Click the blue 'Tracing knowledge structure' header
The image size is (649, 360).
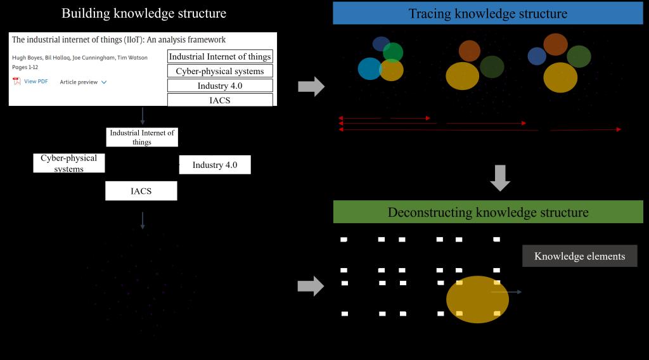click(487, 13)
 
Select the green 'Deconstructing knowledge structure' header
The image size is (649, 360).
click(487, 212)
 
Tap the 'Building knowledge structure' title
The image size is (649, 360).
click(144, 13)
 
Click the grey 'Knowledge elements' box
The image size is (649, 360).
click(579, 256)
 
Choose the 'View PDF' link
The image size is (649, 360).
click(35, 81)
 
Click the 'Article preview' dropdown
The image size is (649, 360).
click(83, 82)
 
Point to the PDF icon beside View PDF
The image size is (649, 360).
click(16, 81)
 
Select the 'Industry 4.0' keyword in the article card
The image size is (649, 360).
click(220, 86)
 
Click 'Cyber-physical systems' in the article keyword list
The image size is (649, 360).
click(220, 71)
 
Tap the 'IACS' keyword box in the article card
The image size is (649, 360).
click(220, 100)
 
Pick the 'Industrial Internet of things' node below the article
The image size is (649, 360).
click(142, 138)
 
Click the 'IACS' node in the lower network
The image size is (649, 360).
click(141, 191)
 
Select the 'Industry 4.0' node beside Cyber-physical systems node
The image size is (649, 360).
click(215, 165)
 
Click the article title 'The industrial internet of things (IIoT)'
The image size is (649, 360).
click(119, 40)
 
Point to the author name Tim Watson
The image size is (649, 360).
click(133, 58)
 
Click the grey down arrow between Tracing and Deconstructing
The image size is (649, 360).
click(500, 177)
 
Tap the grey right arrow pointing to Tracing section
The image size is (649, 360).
click(311, 86)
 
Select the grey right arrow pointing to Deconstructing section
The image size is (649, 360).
click(311, 286)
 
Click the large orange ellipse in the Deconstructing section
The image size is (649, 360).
click(477, 299)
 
